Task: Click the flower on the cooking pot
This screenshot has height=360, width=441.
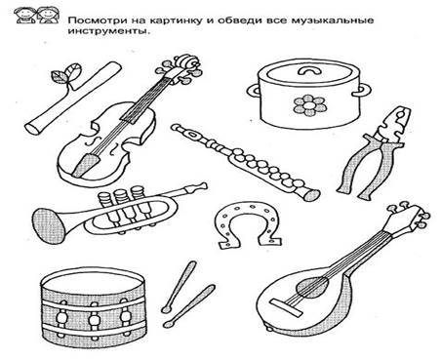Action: (x=309, y=104)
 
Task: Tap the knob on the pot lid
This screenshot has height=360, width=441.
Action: (x=308, y=69)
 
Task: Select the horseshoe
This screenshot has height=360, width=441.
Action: (x=248, y=223)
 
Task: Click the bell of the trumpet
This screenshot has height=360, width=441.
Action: (x=49, y=225)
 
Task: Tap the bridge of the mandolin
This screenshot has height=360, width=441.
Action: (x=286, y=307)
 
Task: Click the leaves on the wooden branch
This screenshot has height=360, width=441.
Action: (x=66, y=73)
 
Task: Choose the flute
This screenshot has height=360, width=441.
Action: (x=246, y=162)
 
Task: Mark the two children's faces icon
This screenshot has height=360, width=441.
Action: (x=36, y=16)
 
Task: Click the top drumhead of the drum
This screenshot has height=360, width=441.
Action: (x=93, y=280)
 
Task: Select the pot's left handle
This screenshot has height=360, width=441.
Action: (x=254, y=90)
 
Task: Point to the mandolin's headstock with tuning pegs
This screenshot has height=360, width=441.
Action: (x=408, y=217)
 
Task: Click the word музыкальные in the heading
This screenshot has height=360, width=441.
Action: (x=333, y=21)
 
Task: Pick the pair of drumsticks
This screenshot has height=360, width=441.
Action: (x=188, y=294)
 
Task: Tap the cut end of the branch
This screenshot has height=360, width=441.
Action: (x=33, y=128)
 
